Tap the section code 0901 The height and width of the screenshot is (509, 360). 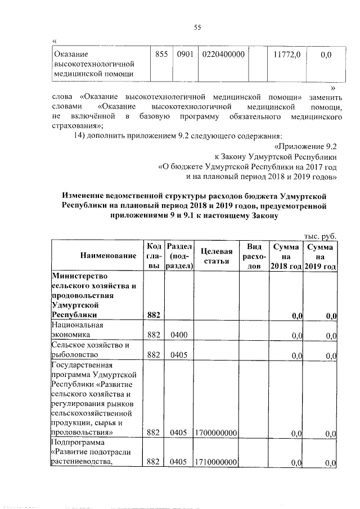coord(184,54)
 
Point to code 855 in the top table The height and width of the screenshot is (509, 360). coord(162,54)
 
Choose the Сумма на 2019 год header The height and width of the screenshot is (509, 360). coord(320,256)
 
